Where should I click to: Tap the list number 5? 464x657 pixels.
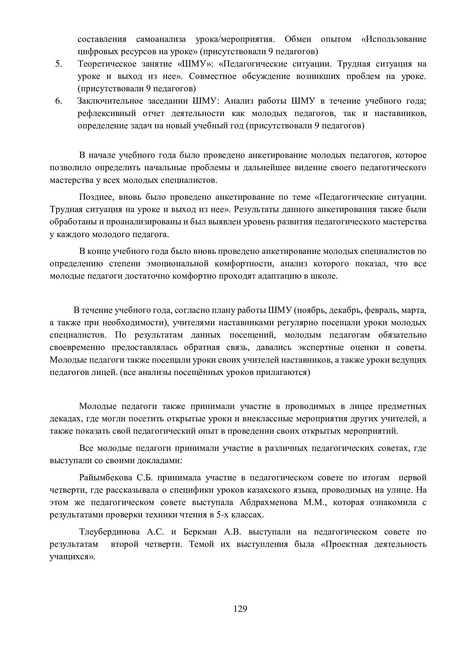[x=59, y=64]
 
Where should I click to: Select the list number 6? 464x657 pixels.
[x=59, y=101]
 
